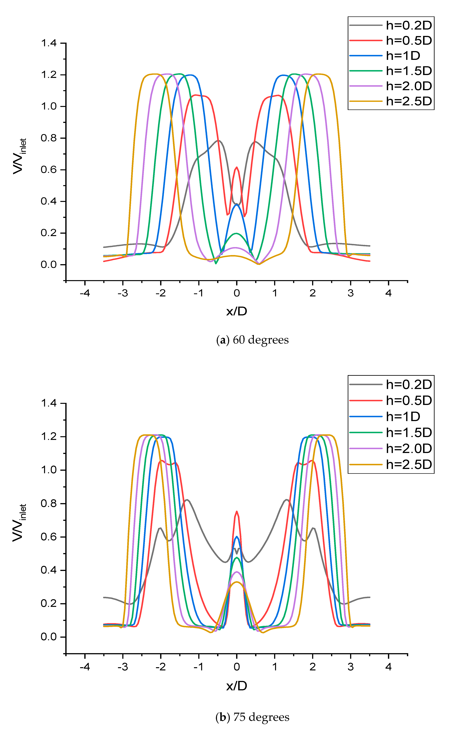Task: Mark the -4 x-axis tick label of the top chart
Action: [85, 293]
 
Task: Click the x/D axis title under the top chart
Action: [237, 311]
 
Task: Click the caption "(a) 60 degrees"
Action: [252, 340]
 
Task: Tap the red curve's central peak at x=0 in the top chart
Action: [237, 168]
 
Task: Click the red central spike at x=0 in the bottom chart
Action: [237, 512]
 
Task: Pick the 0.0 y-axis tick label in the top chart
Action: [49, 265]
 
